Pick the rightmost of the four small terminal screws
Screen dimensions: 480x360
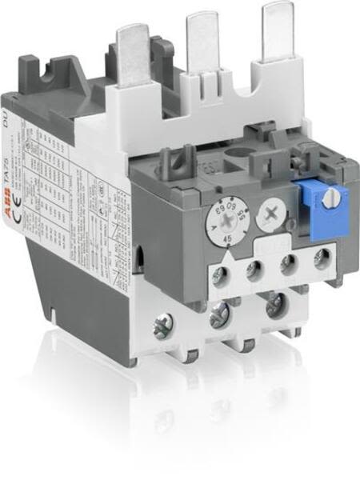(321, 260)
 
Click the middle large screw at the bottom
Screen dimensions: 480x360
(218, 319)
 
